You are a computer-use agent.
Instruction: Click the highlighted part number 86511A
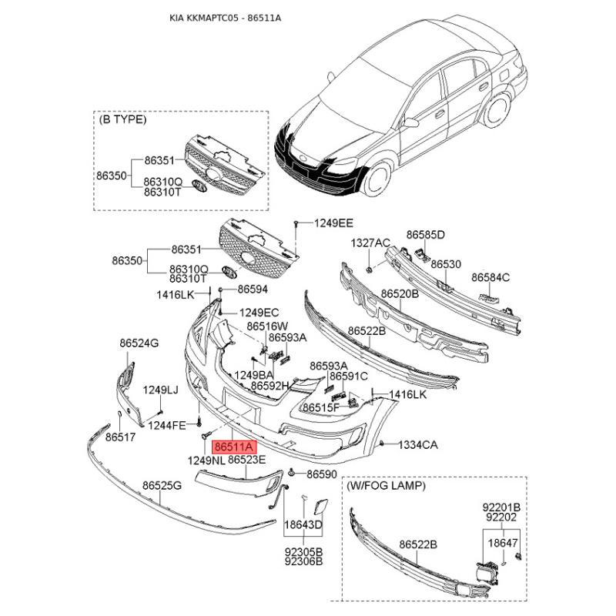click(234, 447)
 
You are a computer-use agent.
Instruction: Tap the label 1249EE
click(333, 223)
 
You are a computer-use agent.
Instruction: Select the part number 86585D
click(426, 235)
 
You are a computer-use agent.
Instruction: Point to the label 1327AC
click(370, 243)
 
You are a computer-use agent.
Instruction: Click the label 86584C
click(490, 277)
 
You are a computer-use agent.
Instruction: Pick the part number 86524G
click(139, 343)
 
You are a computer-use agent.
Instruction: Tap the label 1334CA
click(418, 445)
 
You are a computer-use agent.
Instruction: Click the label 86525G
click(162, 486)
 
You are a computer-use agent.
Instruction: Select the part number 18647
click(503, 543)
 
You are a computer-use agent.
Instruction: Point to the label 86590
click(322, 474)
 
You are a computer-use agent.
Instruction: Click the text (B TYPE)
click(122, 119)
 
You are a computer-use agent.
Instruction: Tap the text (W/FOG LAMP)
click(386, 486)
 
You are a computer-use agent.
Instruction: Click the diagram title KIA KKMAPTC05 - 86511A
click(225, 18)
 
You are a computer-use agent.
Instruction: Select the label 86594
click(253, 290)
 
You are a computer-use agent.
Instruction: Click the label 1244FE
click(167, 425)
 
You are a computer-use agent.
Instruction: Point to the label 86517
click(120, 437)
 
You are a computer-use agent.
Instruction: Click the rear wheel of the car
click(496, 109)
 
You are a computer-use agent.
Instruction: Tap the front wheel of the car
click(377, 179)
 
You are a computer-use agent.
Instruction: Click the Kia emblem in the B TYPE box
click(199, 186)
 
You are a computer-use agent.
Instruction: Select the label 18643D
click(303, 524)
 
